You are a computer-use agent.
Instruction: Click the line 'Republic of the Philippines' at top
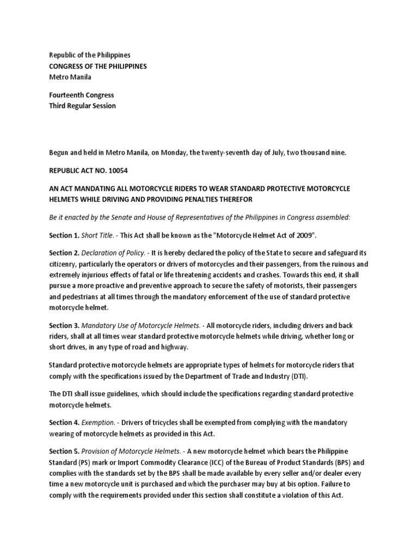click(x=90, y=56)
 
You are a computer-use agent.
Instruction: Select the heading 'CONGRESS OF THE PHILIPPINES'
click(x=98, y=66)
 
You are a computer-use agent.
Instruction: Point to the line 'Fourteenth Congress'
click(x=82, y=95)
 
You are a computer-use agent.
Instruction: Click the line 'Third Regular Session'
click(x=83, y=106)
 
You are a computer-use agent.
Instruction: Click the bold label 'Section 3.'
click(x=64, y=325)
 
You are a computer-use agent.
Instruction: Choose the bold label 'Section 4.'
click(x=64, y=422)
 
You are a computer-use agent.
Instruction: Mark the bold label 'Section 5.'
click(x=64, y=451)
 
